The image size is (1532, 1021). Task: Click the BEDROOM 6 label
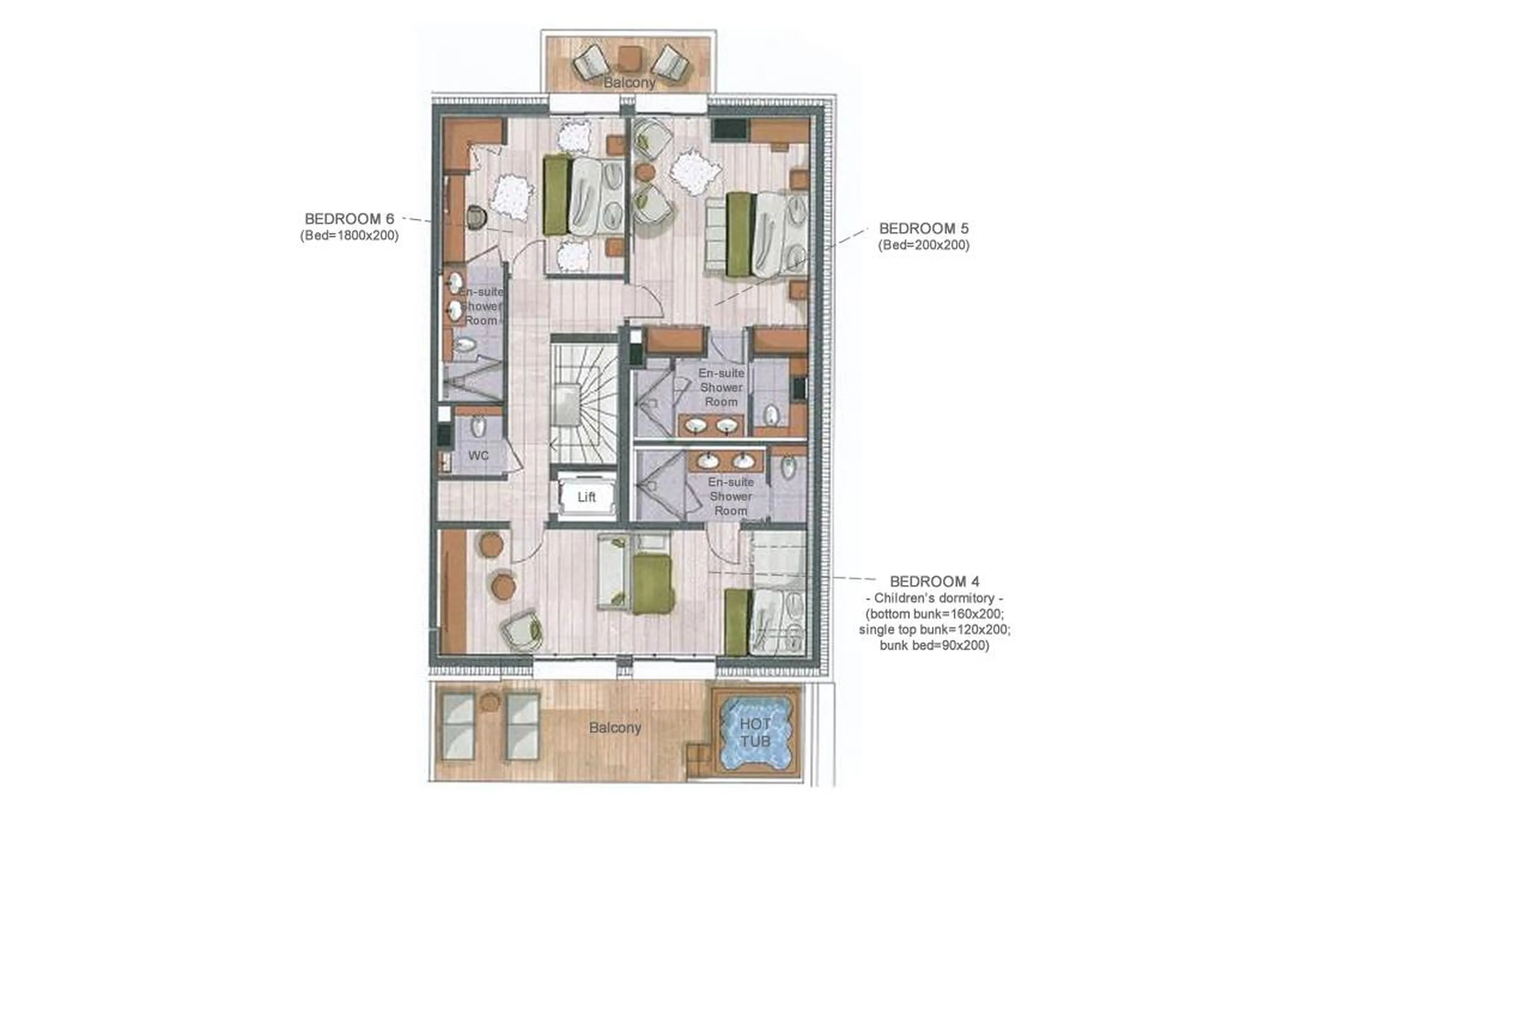point(349,219)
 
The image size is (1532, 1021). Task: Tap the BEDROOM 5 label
point(923,229)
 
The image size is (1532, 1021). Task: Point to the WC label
point(478,456)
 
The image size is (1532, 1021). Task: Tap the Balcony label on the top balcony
point(629,83)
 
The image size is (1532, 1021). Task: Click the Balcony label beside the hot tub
point(615,727)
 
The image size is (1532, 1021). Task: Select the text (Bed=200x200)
point(923,245)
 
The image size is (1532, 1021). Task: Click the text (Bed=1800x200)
point(349,236)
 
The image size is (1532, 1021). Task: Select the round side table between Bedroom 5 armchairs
point(645,172)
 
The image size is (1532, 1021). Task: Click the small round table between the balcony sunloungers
point(490,702)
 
